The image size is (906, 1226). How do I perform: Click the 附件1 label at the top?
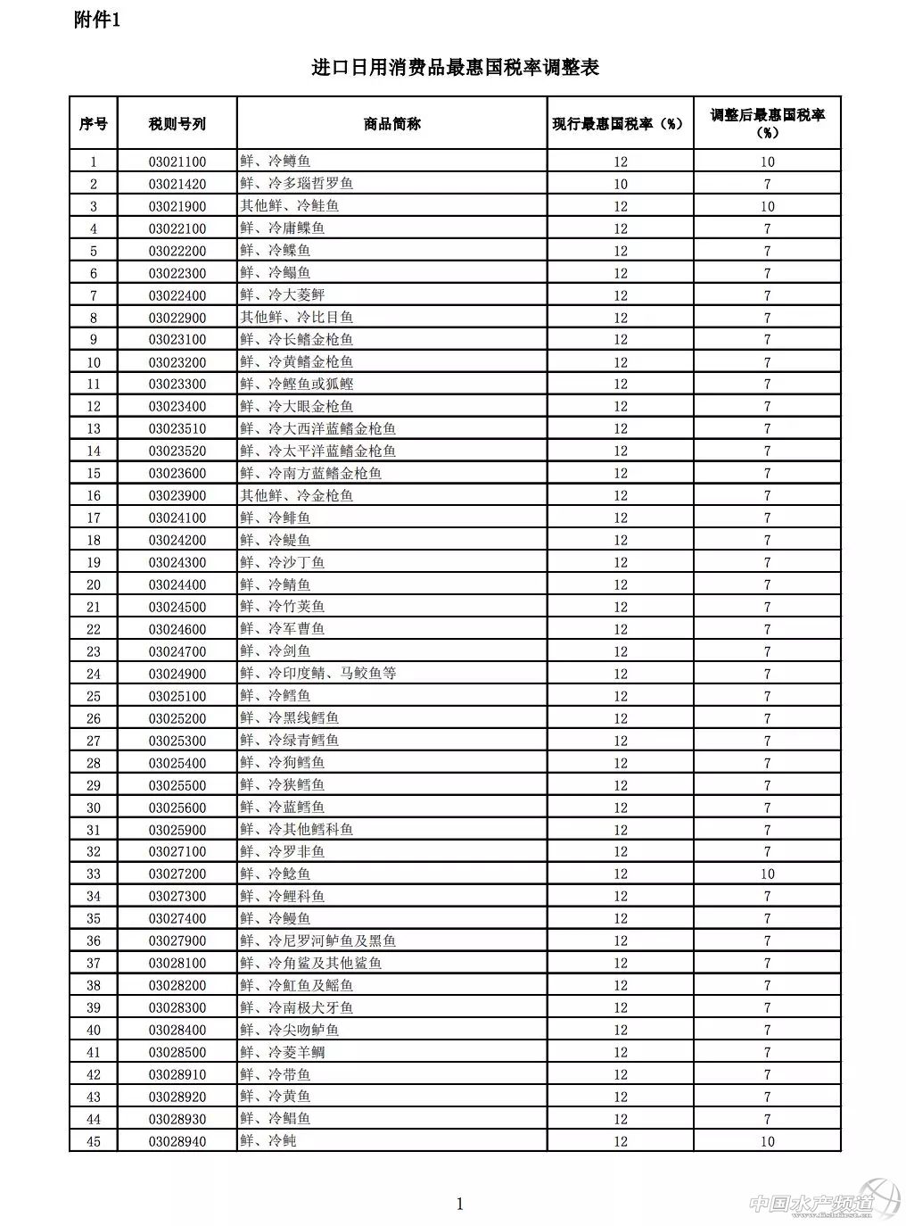coord(97,21)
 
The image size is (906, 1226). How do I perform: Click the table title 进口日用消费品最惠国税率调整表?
coord(455,68)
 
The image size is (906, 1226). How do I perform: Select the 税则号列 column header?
coord(177,124)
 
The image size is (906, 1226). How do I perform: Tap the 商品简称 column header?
coord(392,124)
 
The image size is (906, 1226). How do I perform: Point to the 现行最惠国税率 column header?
coord(619,124)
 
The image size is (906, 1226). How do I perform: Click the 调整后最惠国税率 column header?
coord(767,124)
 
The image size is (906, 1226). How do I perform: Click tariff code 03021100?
coord(177,162)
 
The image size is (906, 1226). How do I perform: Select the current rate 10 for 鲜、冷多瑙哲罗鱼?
coord(621,184)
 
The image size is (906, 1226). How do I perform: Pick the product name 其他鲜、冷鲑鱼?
coord(290,206)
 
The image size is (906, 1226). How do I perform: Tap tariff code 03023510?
coord(177,428)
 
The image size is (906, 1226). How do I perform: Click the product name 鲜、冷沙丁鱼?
coord(283,562)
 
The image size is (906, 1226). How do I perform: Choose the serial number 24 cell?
coord(94,674)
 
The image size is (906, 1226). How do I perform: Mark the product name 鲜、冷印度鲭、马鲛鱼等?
coord(318,674)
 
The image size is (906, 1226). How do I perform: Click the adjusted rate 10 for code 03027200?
coord(767,874)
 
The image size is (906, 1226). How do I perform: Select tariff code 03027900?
coord(177,940)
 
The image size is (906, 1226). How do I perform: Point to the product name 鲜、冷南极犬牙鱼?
coord(297,1007)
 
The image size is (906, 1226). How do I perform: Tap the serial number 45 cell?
coord(94,1141)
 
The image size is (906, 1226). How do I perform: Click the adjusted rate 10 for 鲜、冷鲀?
coord(767,1141)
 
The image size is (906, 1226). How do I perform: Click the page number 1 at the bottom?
coord(460,1205)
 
